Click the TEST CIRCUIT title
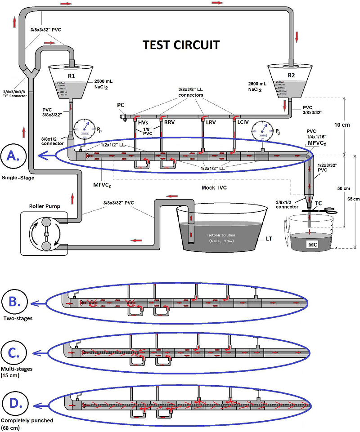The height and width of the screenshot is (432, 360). (181, 45)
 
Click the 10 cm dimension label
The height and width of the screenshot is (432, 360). (348, 125)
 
